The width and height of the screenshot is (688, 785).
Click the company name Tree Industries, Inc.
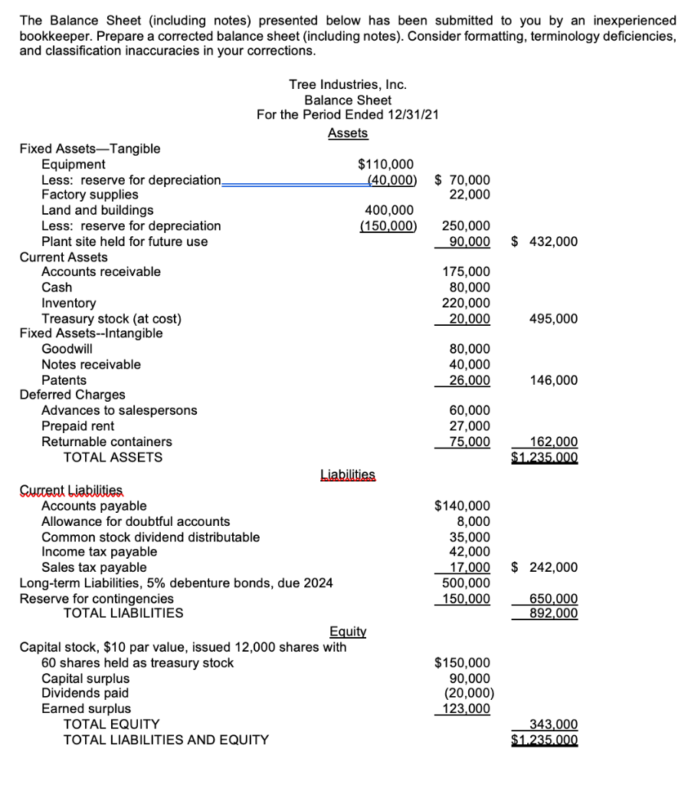(347, 84)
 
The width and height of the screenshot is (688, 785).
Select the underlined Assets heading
(347, 133)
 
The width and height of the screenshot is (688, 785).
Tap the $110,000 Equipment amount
(385, 164)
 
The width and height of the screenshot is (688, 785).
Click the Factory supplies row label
(90, 195)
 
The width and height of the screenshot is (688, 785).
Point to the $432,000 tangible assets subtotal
(544, 241)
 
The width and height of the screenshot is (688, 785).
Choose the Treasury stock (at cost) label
(111, 318)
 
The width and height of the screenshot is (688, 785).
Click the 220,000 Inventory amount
(467, 303)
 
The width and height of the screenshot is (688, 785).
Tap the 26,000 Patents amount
(470, 380)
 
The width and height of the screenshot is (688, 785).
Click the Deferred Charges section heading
(72, 395)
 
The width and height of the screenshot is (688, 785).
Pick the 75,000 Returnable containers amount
(470, 442)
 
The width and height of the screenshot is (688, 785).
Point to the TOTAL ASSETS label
(113, 458)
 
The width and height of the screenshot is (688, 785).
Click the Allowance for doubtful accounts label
(135, 521)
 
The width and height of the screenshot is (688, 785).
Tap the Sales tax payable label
(93, 567)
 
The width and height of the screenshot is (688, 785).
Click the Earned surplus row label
(86, 708)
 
